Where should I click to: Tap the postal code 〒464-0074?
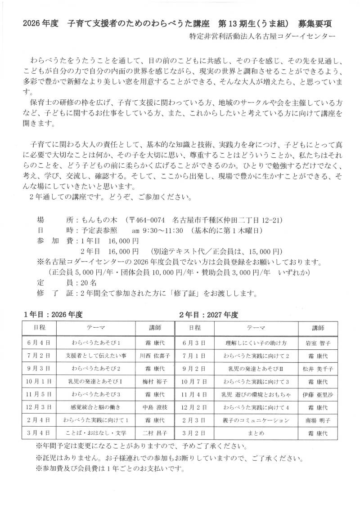(x=147, y=221)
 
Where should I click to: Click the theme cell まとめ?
(x=256, y=434)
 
